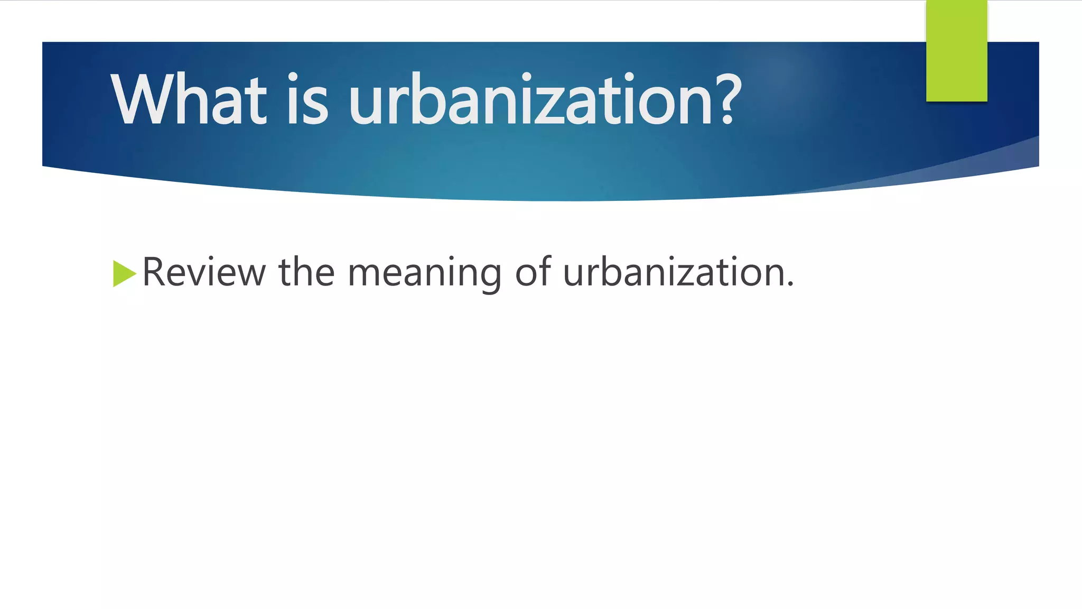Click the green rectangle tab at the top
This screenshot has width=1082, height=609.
click(x=956, y=50)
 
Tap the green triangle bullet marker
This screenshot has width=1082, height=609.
click(x=124, y=274)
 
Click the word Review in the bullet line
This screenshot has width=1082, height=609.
click(x=204, y=272)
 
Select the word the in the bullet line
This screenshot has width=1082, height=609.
click(x=306, y=272)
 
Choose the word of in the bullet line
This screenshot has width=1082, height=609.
click(x=533, y=272)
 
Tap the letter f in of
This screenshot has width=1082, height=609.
click(x=545, y=271)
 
